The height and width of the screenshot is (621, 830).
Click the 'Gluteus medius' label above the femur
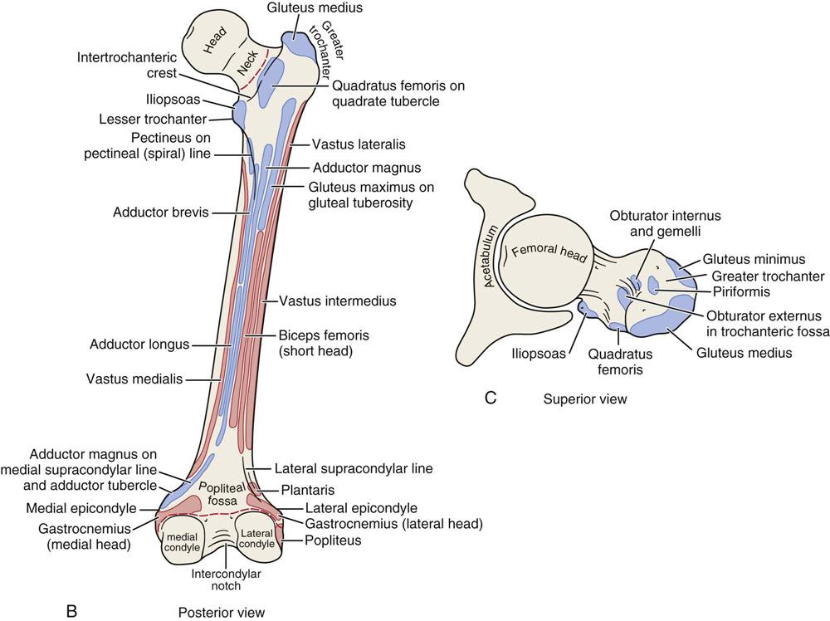click(x=315, y=8)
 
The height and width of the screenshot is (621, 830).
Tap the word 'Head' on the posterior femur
click(x=216, y=40)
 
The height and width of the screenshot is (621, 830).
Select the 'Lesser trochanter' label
click(x=153, y=119)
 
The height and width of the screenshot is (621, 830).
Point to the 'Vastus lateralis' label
click(x=359, y=144)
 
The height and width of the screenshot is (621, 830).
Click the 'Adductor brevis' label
click(x=161, y=213)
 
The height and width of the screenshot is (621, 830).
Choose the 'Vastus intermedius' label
click(x=338, y=301)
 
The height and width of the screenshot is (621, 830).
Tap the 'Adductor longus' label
click(x=139, y=344)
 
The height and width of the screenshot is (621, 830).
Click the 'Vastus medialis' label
click(x=134, y=379)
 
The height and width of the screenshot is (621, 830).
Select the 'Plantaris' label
click(x=308, y=490)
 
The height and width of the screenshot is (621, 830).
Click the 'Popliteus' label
click(x=333, y=540)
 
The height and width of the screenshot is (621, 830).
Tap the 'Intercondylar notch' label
click(x=226, y=579)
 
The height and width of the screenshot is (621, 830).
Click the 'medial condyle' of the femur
click(x=182, y=540)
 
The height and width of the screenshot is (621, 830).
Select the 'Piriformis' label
click(x=741, y=291)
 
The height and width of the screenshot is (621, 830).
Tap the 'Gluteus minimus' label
click(x=754, y=259)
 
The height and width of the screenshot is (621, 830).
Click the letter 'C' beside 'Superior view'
click(x=491, y=397)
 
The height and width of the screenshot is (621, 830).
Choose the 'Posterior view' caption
click(x=222, y=613)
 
